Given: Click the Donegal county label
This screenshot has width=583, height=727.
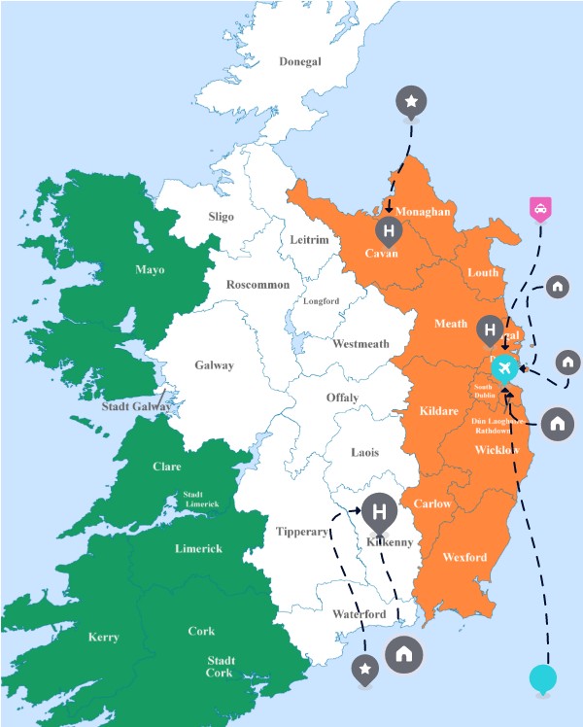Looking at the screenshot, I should coord(299,61).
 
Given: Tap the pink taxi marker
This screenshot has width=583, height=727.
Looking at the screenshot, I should coord(539,208).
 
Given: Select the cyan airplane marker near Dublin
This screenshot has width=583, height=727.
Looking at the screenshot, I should coord(503,368).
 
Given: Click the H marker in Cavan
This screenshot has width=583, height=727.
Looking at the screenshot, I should coord(389,231).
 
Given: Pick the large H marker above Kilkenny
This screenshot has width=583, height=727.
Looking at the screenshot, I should coord(380,510).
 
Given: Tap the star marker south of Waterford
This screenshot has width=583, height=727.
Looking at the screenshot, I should coord(365,668).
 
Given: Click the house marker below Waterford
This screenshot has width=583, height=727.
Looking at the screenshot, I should coord(404,654).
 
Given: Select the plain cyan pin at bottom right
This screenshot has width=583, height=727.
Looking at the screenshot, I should coord(543,677).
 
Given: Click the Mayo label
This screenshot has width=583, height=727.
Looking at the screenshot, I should coord(150,270).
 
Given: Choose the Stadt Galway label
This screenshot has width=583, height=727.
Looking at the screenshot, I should coord(136,406).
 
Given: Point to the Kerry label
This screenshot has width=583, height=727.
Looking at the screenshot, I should coord(103,638).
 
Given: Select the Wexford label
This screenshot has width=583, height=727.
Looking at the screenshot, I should coord(464,558).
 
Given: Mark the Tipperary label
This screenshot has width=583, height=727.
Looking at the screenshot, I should coord(301,532).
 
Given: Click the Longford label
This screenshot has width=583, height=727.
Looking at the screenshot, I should coord(322,301).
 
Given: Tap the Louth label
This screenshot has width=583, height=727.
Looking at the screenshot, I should coord(483,272).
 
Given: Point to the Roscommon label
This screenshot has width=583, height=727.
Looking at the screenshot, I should coord(257,285).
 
